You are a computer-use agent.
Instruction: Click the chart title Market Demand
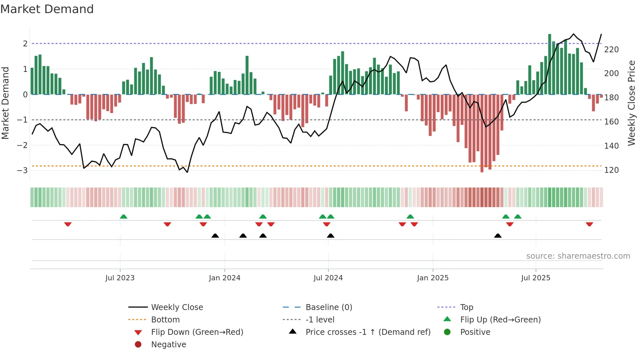click(47, 9)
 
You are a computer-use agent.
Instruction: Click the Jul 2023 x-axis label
click(120, 278)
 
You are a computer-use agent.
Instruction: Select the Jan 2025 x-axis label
click(433, 278)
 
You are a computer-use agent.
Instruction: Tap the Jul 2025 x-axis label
click(536, 278)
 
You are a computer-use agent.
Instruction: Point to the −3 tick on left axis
click(22, 170)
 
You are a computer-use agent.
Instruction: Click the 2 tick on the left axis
click(25, 43)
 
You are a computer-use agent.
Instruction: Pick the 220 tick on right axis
click(611, 49)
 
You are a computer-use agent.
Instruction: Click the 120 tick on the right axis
click(611, 170)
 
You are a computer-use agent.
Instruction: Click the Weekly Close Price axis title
click(632, 103)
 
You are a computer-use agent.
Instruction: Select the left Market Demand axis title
click(5, 103)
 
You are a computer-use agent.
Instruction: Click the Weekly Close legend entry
click(177, 307)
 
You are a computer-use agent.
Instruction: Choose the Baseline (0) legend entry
click(328, 307)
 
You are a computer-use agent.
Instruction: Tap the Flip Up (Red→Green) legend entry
click(500, 319)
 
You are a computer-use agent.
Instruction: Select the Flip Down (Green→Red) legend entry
click(197, 332)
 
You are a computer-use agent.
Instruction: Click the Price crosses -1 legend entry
click(368, 332)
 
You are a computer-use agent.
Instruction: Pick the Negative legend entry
click(168, 344)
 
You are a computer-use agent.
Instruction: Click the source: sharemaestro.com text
click(578, 256)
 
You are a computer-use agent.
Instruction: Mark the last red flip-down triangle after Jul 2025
click(589, 224)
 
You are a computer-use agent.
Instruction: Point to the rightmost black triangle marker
click(498, 236)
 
